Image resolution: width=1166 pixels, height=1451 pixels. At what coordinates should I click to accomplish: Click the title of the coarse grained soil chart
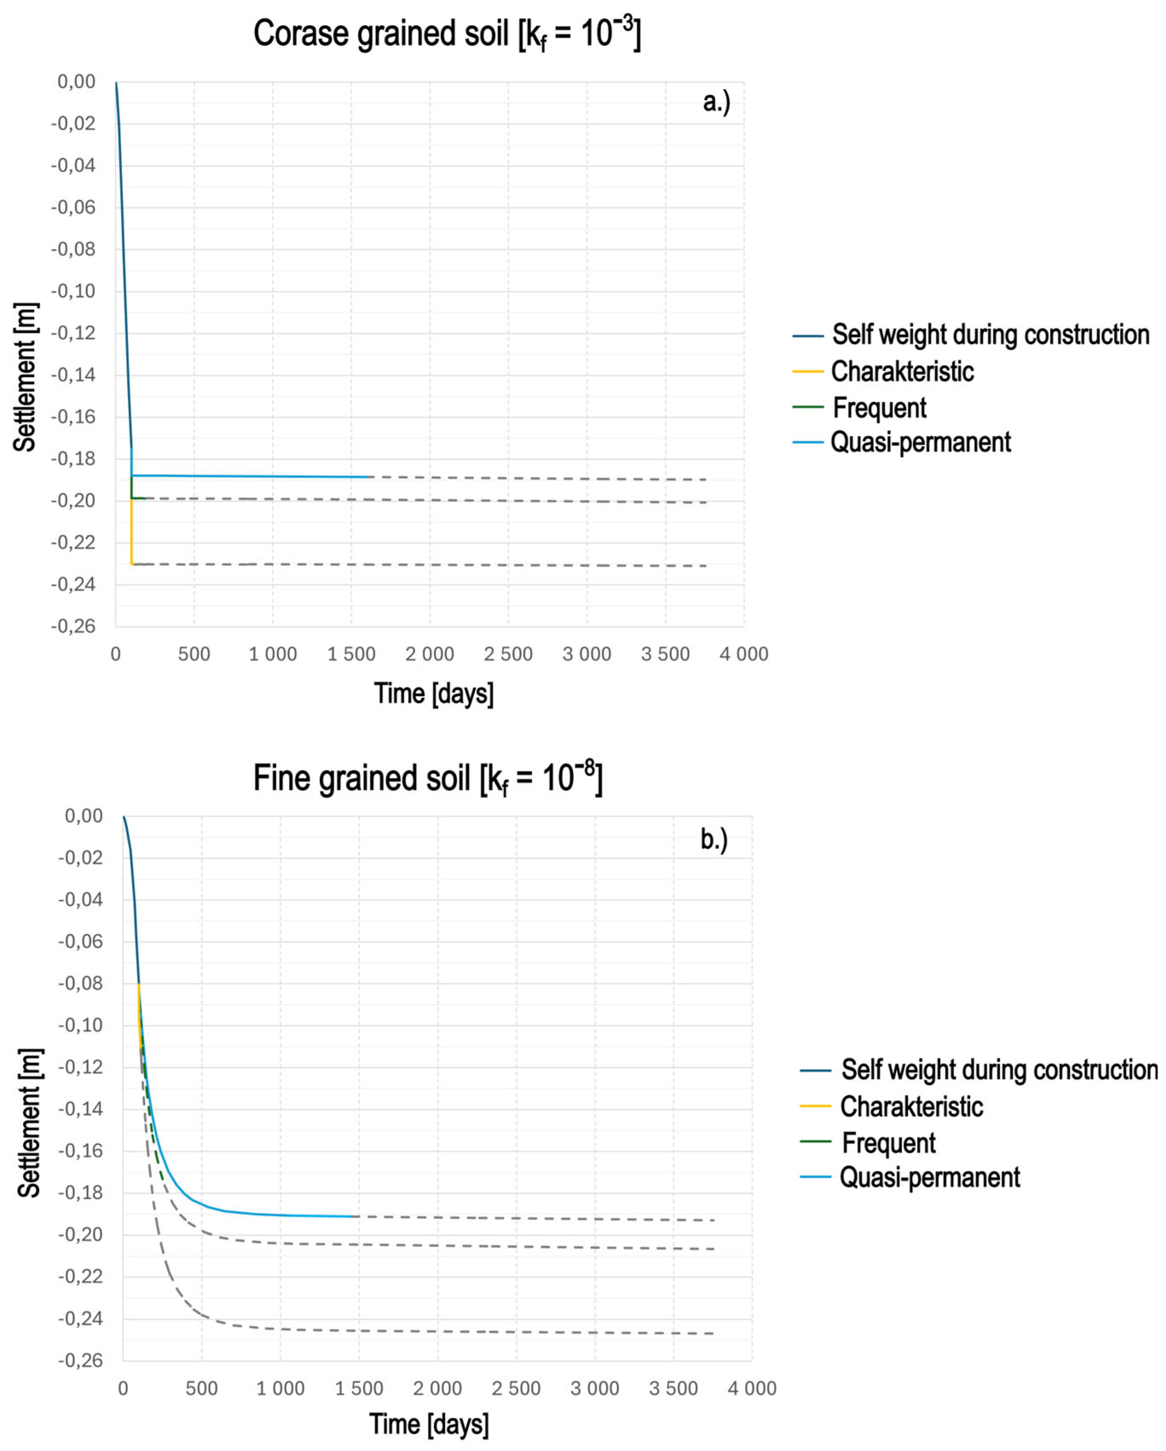[x=447, y=34]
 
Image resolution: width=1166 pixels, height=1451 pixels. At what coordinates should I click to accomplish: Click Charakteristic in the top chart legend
[x=902, y=372]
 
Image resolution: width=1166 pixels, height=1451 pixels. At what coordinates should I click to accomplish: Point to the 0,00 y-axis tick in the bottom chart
[x=84, y=816]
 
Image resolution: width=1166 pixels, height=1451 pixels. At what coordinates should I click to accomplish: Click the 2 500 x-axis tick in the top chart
[x=508, y=653]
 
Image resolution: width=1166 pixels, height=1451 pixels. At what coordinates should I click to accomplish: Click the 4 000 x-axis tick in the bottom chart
[x=751, y=1388]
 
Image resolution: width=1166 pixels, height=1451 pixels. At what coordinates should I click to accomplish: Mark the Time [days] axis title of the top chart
[x=433, y=693]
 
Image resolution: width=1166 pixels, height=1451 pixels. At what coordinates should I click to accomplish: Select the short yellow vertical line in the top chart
[x=131, y=532]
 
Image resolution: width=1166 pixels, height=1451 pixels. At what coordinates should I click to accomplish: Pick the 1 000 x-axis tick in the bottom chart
[x=280, y=1388]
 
